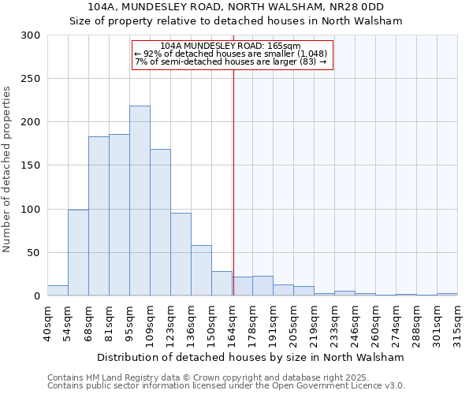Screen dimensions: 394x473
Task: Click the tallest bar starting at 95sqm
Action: [x=140, y=201]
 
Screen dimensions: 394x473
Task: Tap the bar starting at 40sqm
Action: [x=58, y=291]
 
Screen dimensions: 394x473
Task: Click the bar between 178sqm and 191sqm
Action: [x=263, y=286]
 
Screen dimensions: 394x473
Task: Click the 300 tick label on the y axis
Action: [x=31, y=35]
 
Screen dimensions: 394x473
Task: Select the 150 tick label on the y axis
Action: [x=31, y=165]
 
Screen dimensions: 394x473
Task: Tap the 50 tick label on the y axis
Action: [x=34, y=253]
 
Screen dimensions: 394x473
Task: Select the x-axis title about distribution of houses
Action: [x=251, y=357]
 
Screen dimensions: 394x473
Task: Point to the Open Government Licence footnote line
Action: [x=226, y=386]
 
